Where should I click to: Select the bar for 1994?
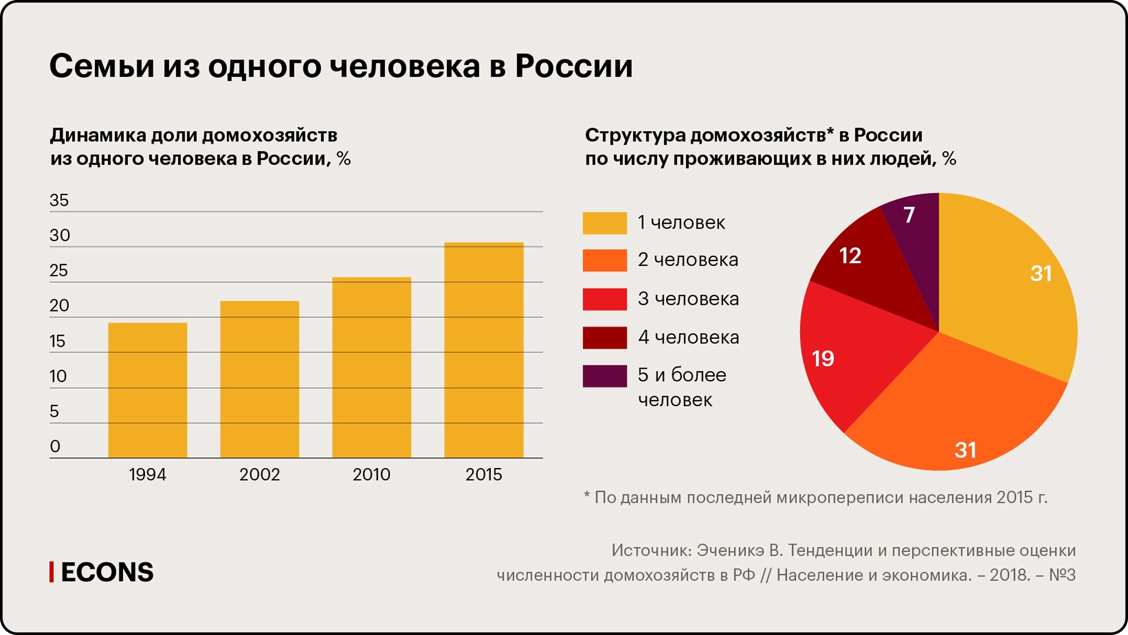pyautogui.click(x=148, y=390)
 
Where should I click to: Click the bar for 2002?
pyautogui.click(x=259, y=379)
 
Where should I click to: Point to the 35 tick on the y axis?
pyautogui.click(x=59, y=200)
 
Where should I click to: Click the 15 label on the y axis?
pyautogui.click(x=57, y=341)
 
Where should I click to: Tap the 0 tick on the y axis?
pyautogui.click(x=55, y=446)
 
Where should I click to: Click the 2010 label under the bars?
pyautogui.click(x=372, y=475)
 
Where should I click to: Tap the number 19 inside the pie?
pyautogui.click(x=823, y=359)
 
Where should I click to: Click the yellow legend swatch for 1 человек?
pyautogui.click(x=604, y=223)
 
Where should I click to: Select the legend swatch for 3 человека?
pyautogui.click(x=604, y=299)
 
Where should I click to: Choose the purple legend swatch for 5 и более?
pyautogui.click(x=604, y=376)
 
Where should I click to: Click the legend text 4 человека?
pyautogui.click(x=688, y=337)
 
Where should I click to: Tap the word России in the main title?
pyautogui.click(x=574, y=66)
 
